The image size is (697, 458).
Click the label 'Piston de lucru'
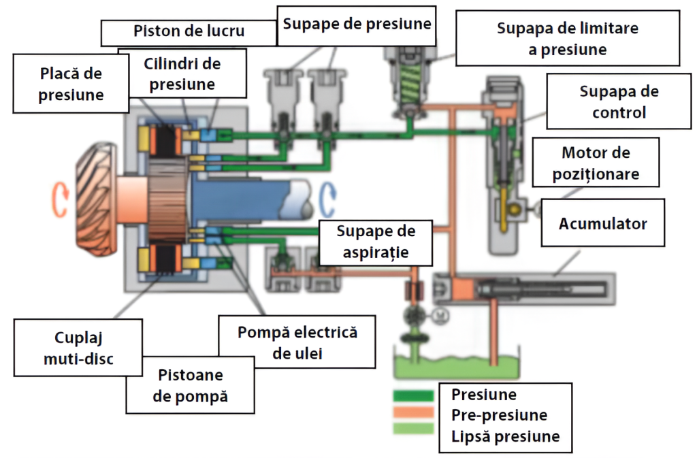189,31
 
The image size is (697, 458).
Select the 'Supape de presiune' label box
357,24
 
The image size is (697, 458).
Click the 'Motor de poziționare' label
596,163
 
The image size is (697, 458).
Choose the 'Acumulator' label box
602,223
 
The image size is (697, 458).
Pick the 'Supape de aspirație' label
376,242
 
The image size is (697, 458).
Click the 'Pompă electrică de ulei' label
297,342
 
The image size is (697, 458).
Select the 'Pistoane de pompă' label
190,386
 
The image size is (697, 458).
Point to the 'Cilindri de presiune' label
182,74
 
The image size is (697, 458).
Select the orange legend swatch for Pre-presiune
412,412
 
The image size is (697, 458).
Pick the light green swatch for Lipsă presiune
412,429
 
